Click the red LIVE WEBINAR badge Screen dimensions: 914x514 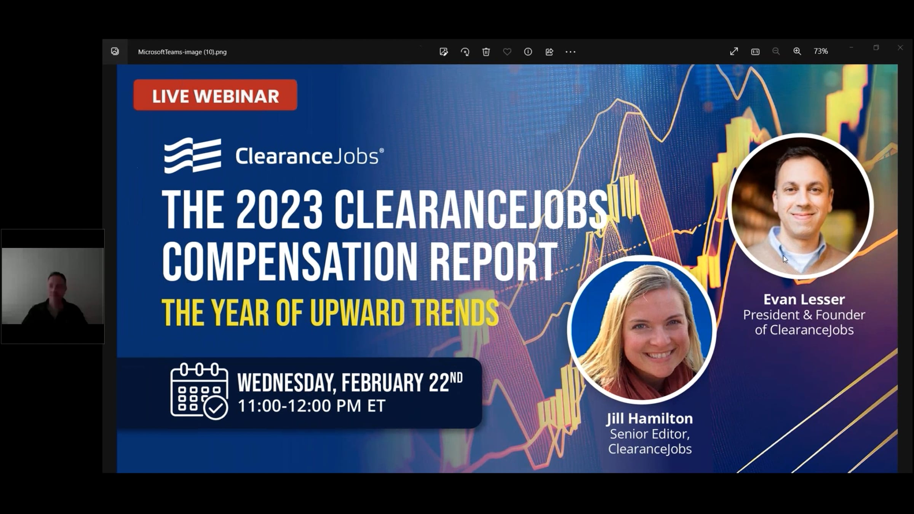click(x=215, y=95)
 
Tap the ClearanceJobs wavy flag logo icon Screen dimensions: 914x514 click(x=193, y=155)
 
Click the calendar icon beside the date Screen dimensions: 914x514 click(x=199, y=391)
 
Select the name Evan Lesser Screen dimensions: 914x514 click(x=804, y=299)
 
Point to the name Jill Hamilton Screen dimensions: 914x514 click(x=650, y=418)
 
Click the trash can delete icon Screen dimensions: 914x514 click(x=486, y=52)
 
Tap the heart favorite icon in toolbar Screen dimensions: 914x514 click(x=507, y=52)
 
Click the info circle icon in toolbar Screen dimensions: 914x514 click(x=528, y=52)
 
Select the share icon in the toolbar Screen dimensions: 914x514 click(x=549, y=52)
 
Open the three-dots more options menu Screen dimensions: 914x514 click(x=570, y=52)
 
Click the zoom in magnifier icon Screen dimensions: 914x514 click(x=797, y=51)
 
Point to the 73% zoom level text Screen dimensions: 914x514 click(x=821, y=51)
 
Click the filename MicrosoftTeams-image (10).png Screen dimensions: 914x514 click(x=182, y=52)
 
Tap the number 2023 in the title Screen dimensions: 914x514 click(x=280, y=210)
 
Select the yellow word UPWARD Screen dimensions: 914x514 click(x=357, y=313)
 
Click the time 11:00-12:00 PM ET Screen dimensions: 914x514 click(x=312, y=406)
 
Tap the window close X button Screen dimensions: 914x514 click(x=900, y=48)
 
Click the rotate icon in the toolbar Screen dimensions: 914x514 click(x=465, y=52)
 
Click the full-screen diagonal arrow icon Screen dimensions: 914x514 click(x=734, y=51)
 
